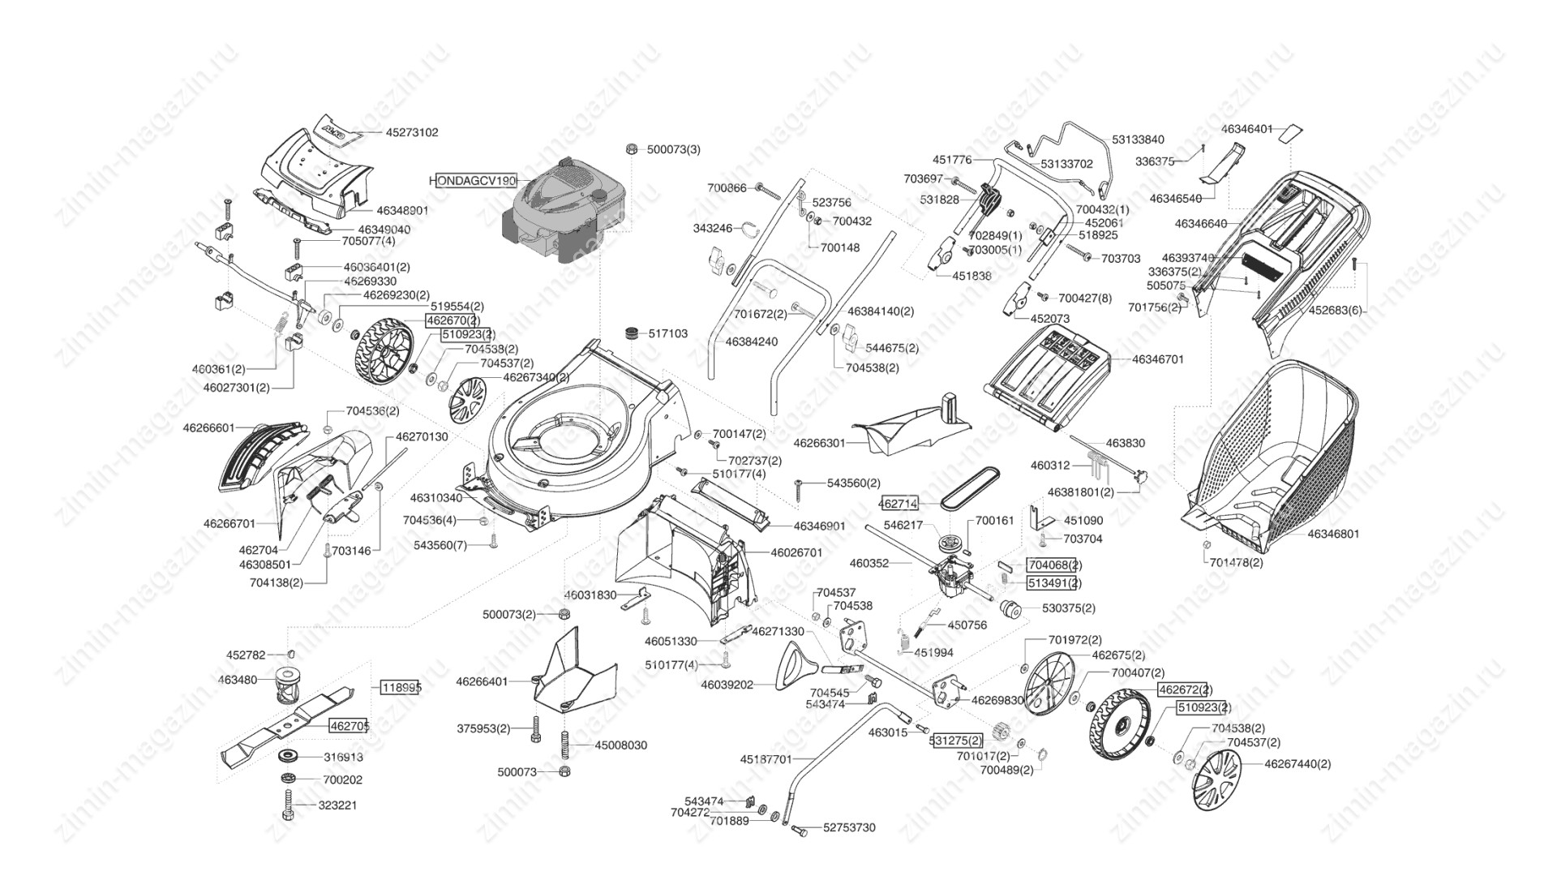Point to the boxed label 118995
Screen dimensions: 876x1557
pyautogui.click(x=401, y=688)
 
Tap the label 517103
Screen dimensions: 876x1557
pyautogui.click(x=667, y=333)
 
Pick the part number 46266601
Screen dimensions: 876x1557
pyautogui.click(x=208, y=427)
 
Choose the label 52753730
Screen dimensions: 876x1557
pyautogui.click(x=849, y=827)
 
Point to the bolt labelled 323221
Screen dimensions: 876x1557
pyautogui.click(x=288, y=806)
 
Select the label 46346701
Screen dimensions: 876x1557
pyautogui.click(x=1157, y=359)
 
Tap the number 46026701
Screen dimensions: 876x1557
pyautogui.click(x=796, y=552)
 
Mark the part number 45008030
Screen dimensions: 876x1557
pyautogui.click(x=620, y=745)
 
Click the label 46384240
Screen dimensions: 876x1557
pyautogui.click(x=751, y=342)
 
